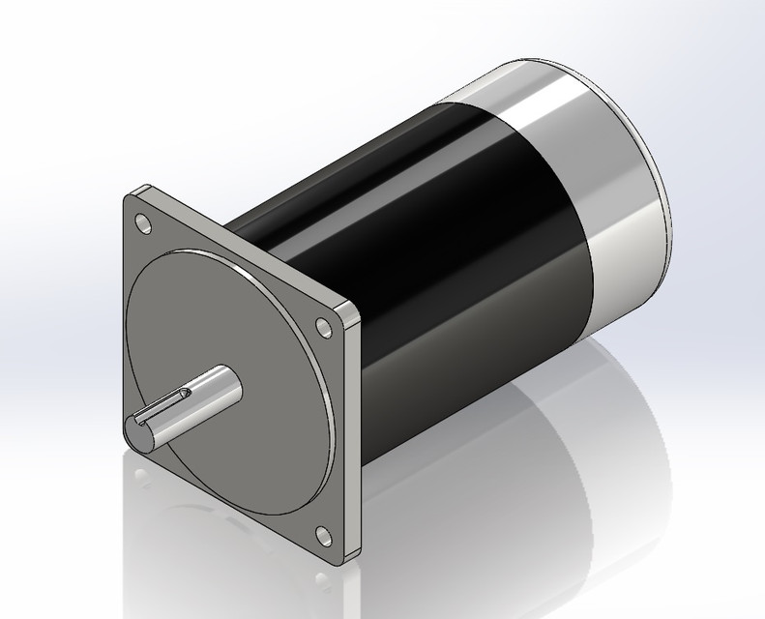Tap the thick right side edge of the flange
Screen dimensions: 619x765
coord(355,435)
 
